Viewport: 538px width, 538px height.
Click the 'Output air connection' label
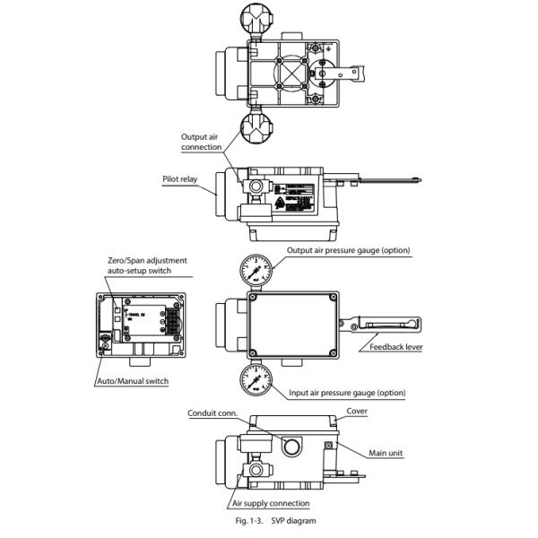click(202, 142)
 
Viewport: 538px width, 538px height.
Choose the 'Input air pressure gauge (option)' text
click(346, 393)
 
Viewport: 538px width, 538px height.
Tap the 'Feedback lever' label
click(396, 345)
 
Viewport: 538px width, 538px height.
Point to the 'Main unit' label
click(386, 453)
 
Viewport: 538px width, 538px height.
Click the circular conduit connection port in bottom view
click(290, 444)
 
